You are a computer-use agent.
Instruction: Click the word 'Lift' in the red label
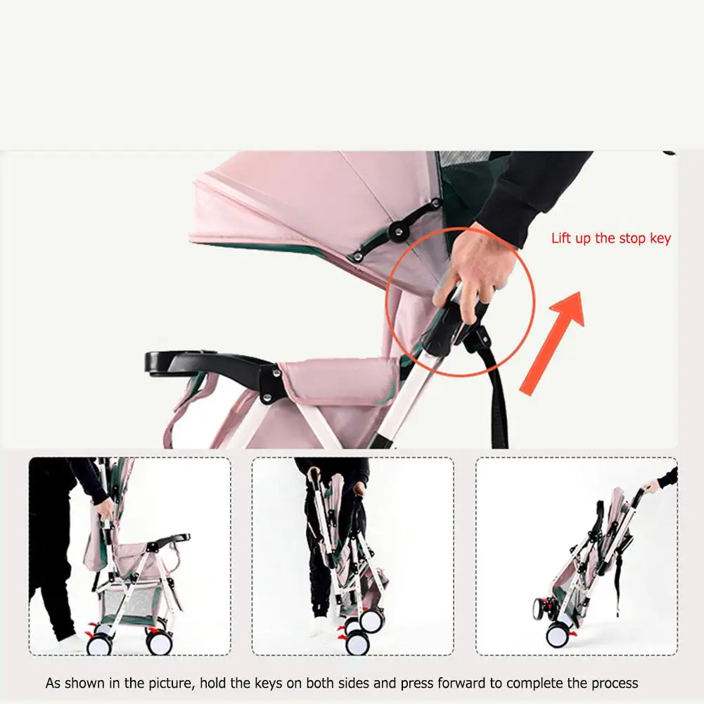(561, 238)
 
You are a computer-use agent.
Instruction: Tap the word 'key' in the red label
(660, 239)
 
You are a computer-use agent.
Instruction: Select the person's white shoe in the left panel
(72, 643)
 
